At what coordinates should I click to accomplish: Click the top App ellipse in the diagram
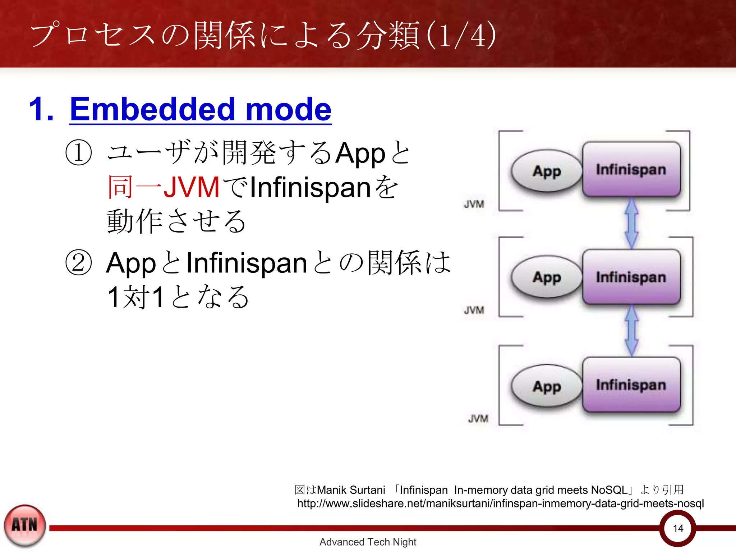(x=546, y=171)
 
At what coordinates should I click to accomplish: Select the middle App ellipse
(x=546, y=277)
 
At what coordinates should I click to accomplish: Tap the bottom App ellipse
(x=546, y=386)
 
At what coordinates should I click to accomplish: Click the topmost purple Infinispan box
(x=631, y=169)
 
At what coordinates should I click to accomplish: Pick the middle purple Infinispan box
(x=631, y=277)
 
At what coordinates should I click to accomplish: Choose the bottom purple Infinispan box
(x=631, y=385)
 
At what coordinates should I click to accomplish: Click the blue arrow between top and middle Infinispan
(x=631, y=223)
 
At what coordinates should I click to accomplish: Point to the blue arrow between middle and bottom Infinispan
(x=631, y=330)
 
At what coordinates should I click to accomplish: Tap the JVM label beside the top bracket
(x=474, y=204)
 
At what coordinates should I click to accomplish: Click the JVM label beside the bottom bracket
(x=478, y=419)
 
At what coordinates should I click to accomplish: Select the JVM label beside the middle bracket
(x=474, y=310)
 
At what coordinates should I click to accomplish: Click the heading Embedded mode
(x=200, y=109)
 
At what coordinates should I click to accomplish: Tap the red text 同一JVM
(x=164, y=187)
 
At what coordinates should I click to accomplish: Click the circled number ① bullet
(x=78, y=153)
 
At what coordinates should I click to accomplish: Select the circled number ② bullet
(x=78, y=263)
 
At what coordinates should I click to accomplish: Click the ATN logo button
(x=25, y=525)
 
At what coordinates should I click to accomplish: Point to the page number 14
(x=678, y=528)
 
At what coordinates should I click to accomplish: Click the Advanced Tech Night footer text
(x=368, y=542)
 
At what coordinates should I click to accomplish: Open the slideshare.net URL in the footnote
(x=500, y=503)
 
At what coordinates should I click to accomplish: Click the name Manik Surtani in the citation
(x=351, y=490)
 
